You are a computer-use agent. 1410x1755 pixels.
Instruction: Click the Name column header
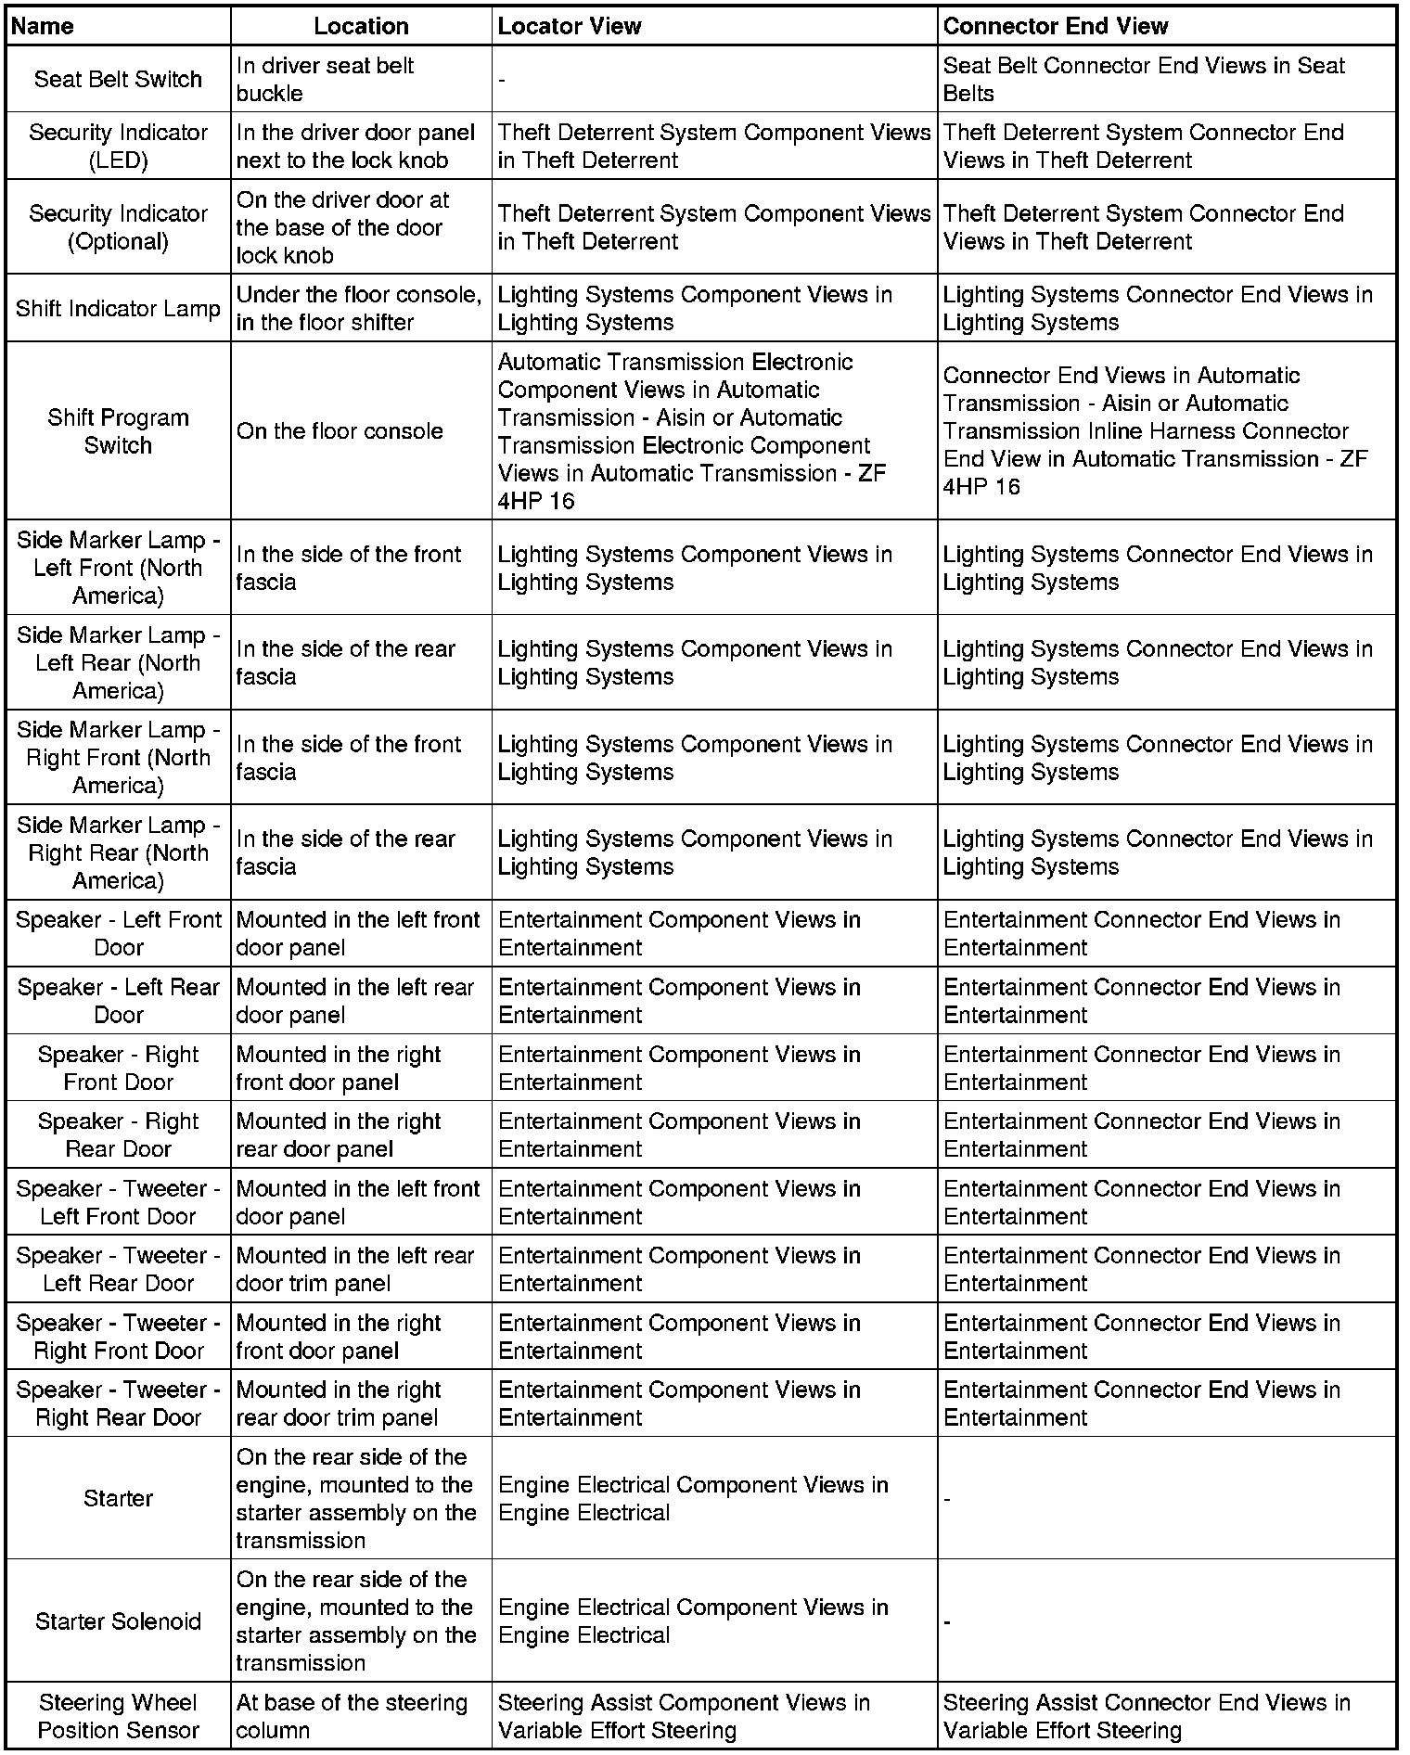click(x=43, y=26)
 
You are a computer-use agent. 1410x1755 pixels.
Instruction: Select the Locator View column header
click(x=569, y=26)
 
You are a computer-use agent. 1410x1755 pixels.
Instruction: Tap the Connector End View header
click(x=1055, y=26)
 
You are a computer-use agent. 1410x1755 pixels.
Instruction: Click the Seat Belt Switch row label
click(x=118, y=80)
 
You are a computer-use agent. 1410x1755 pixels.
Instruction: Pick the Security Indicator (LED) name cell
click(x=118, y=147)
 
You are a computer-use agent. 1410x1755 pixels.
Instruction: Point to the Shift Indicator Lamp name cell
click(x=118, y=309)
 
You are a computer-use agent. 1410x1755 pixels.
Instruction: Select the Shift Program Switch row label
click(x=118, y=431)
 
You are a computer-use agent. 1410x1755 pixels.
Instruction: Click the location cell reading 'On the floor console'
click(x=340, y=431)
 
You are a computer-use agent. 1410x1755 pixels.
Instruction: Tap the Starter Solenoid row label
click(x=118, y=1620)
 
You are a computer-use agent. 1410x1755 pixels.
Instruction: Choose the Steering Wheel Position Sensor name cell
click(x=118, y=1716)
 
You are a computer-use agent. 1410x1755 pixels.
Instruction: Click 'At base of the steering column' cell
click(x=352, y=1716)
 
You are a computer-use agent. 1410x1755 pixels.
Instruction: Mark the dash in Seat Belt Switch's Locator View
click(x=502, y=81)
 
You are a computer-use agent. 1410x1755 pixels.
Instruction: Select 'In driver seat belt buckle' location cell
click(x=325, y=80)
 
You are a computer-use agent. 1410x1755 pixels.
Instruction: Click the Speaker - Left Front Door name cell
click(x=118, y=933)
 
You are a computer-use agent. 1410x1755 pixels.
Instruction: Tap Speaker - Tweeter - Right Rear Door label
click(x=118, y=1403)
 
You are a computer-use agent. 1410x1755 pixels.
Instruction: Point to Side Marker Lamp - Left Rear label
click(x=118, y=663)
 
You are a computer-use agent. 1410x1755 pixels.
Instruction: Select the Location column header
click(x=361, y=26)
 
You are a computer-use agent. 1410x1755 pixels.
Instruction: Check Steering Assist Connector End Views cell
click(x=1146, y=1716)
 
